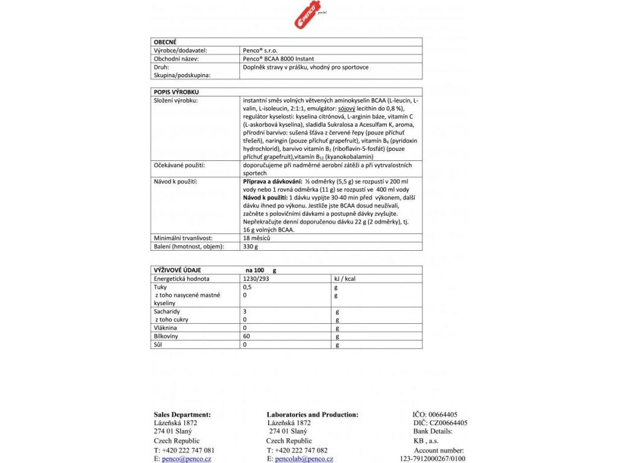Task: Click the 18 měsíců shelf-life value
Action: tap(256, 238)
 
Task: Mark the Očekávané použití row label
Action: tap(180, 165)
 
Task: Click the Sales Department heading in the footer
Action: tap(183, 415)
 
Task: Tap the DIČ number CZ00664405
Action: tap(446, 423)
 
